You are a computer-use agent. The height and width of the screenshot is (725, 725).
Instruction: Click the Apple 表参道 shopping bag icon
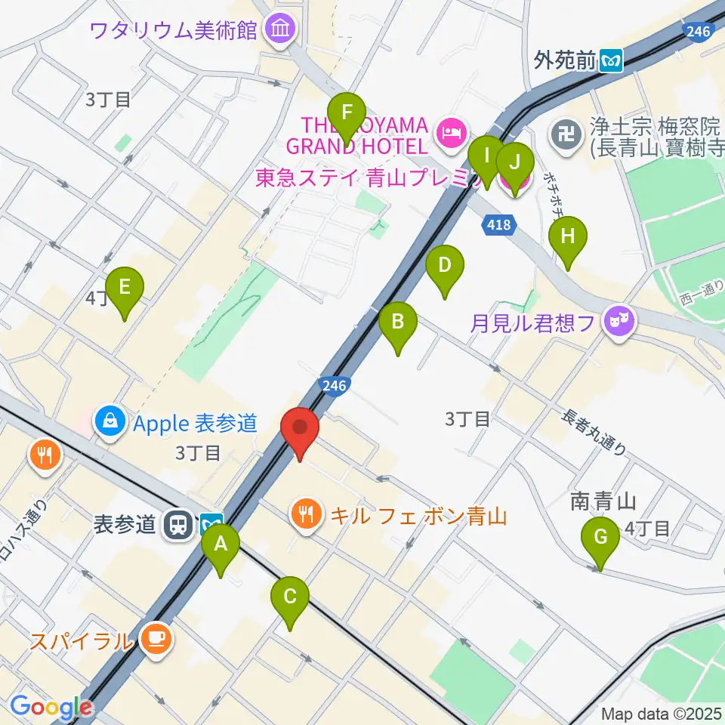pos(111,422)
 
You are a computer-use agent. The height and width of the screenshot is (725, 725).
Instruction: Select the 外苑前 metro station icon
pos(611,60)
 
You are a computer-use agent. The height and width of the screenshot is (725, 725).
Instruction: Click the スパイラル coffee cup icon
pos(157,640)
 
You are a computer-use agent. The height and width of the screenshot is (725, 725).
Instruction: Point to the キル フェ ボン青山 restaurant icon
pos(306,516)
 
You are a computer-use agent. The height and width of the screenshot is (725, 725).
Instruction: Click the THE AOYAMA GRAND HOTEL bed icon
pos(451,134)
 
